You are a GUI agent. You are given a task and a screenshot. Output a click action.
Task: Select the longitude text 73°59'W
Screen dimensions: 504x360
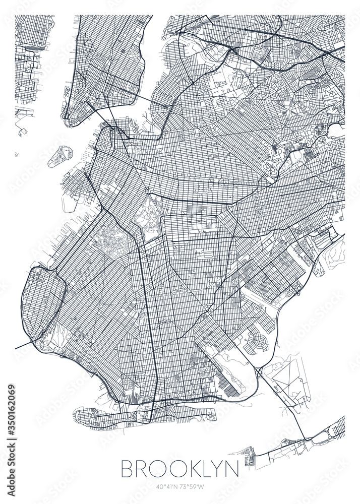(195, 487)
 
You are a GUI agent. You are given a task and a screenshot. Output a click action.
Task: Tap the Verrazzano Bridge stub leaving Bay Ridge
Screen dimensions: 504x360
(23, 345)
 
